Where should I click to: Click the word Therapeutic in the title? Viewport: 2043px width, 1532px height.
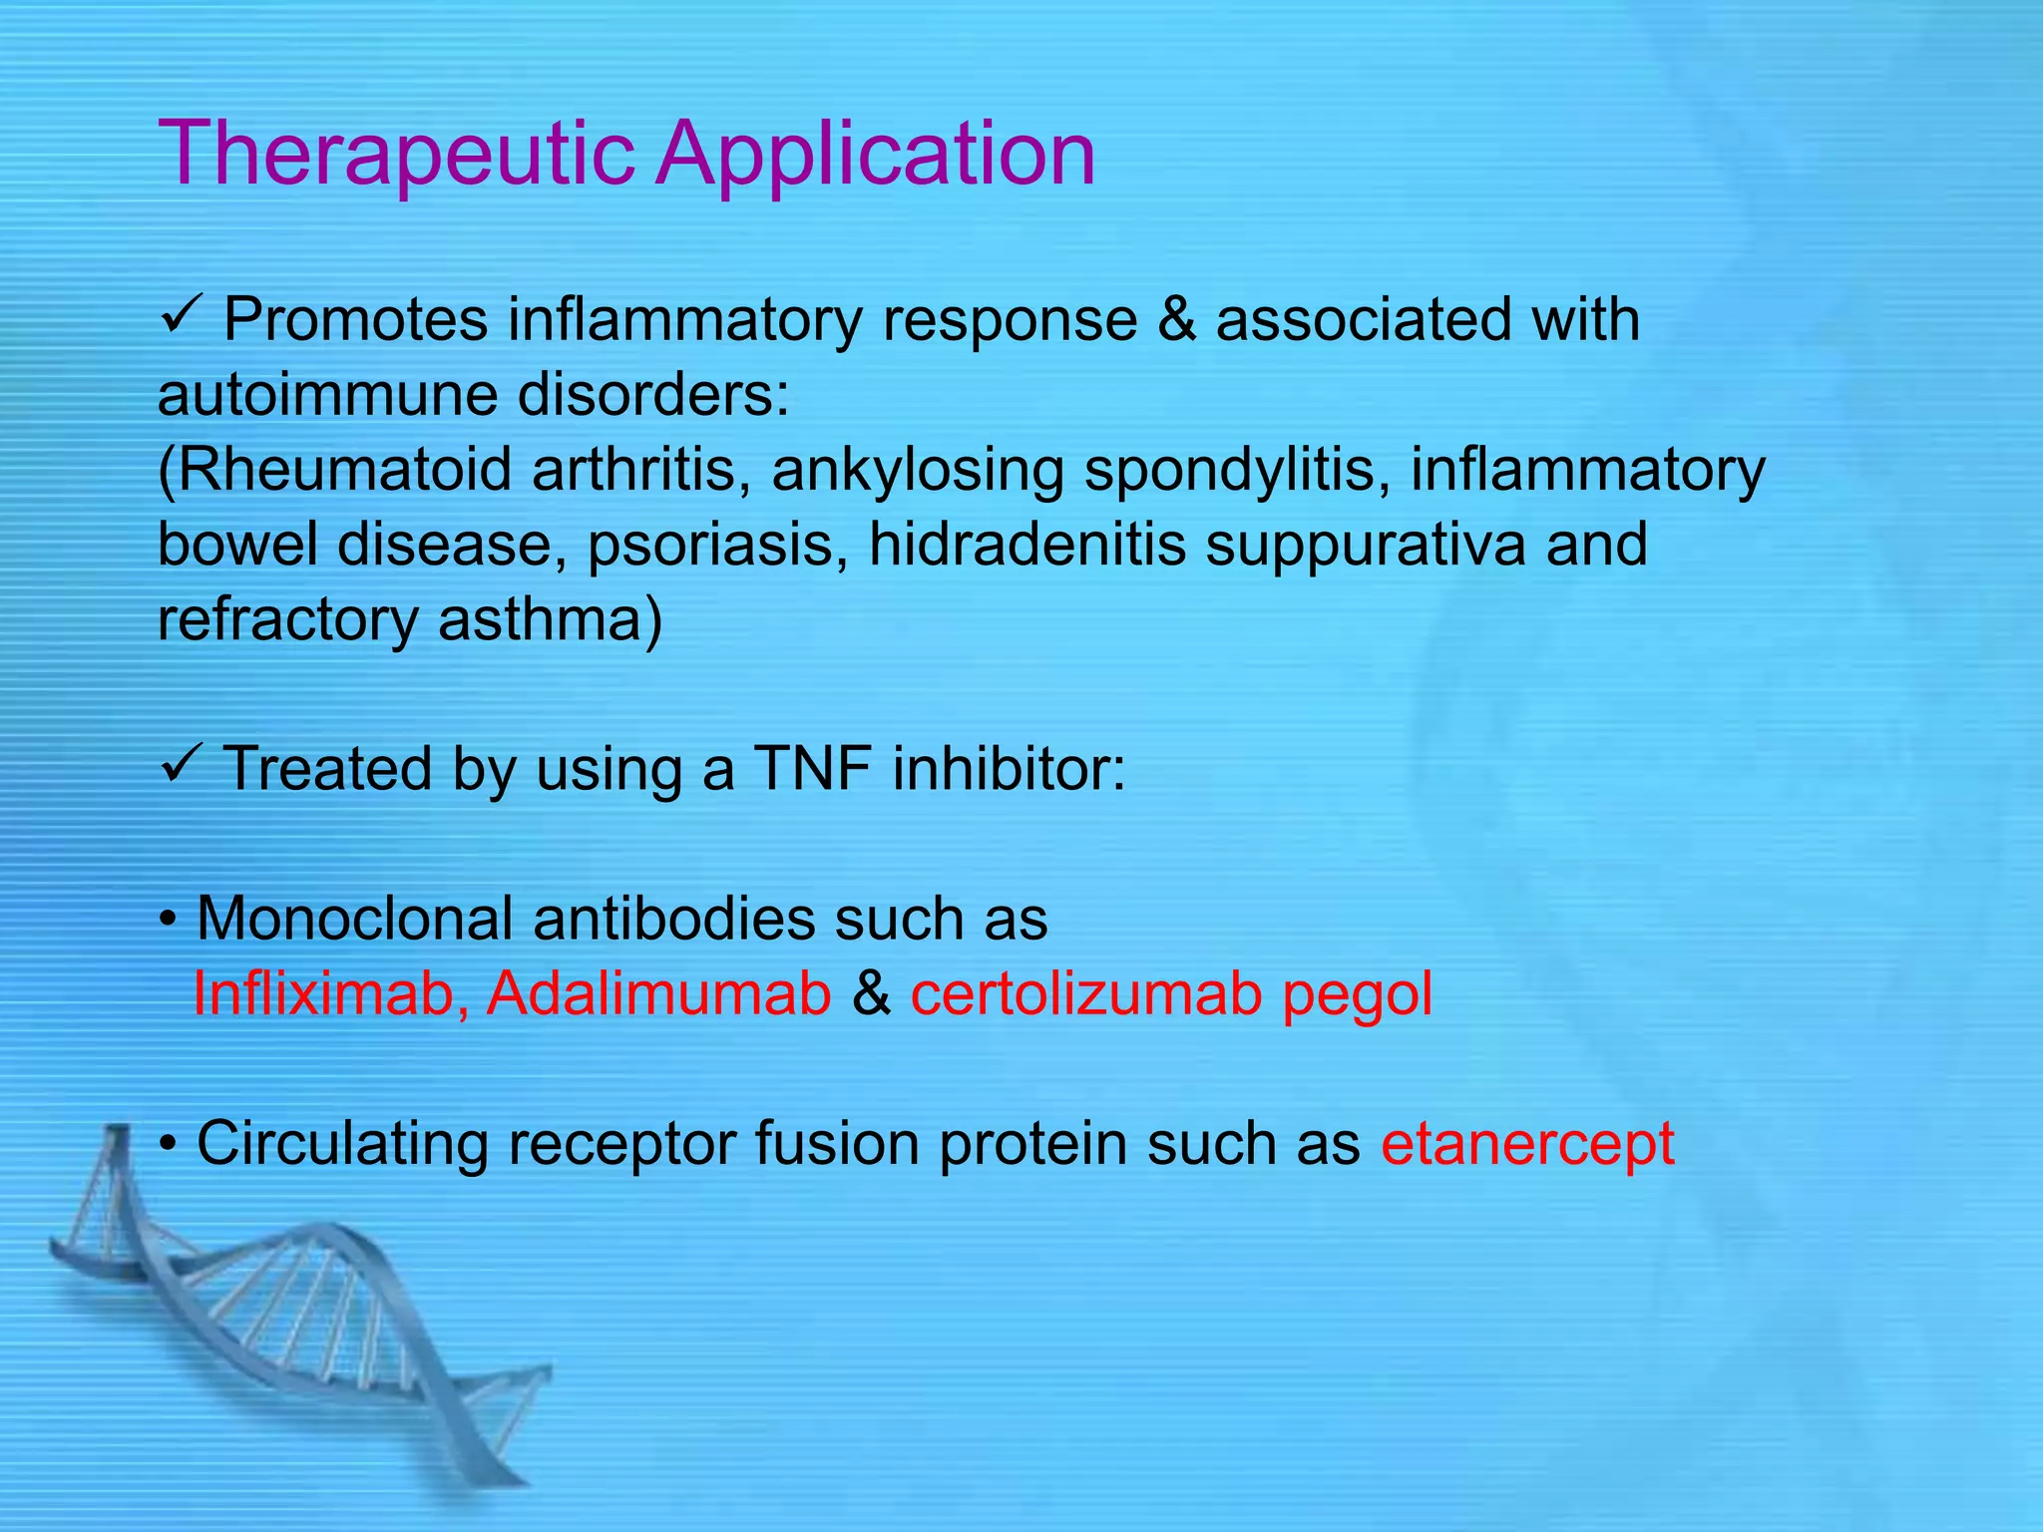(x=396, y=155)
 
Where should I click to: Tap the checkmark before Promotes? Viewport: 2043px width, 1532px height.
(x=181, y=319)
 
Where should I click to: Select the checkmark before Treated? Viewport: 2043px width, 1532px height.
(x=181, y=768)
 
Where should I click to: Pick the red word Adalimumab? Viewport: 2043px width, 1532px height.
(x=658, y=993)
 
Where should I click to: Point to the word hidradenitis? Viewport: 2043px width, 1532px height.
(x=1026, y=545)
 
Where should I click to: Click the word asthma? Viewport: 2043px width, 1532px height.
(x=549, y=619)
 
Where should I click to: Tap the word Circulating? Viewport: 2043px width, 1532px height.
(x=342, y=1143)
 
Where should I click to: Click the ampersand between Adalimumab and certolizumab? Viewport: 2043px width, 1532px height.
(x=871, y=993)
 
